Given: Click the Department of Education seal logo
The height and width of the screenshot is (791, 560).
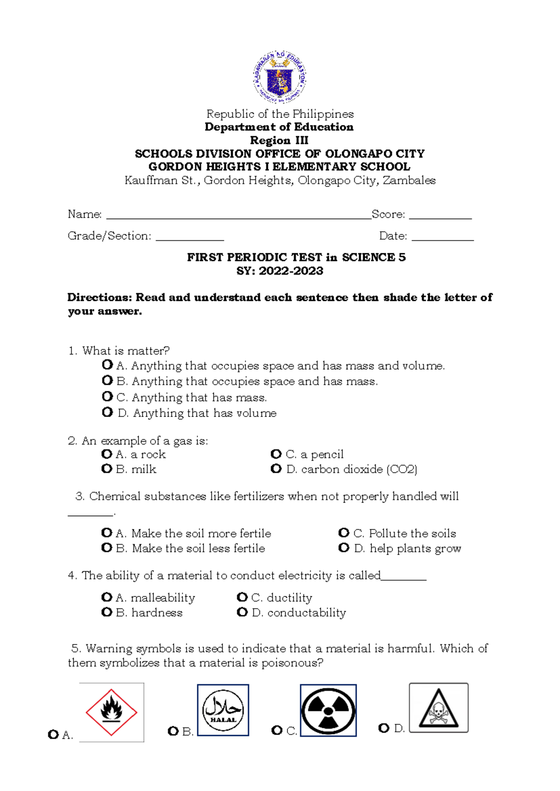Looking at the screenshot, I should (x=280, y=77).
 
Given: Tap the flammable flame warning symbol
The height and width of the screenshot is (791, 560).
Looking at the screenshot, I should (x=112, y=712).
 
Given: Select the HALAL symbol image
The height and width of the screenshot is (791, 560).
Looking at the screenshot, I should (x=223, y=710).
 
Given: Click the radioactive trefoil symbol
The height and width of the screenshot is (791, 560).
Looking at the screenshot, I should (x=328, y=710).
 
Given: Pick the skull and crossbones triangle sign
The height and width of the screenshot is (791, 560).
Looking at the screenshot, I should (x=438, y=708).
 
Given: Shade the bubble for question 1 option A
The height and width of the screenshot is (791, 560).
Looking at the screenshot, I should (x=107, y=364).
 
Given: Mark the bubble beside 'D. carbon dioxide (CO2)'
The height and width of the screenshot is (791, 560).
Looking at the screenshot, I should (x=276, y=468).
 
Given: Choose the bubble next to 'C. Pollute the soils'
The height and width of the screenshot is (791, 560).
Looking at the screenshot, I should (x=344, y=533).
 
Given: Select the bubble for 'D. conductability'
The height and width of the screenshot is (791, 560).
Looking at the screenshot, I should (x=242, y=612).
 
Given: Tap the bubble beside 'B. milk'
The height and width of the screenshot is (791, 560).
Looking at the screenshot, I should (x=107, y=468).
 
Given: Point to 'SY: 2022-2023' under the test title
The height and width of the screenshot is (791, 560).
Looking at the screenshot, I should (x=280, y=271).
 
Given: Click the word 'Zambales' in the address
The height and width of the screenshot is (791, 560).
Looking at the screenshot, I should (x=409, y=180).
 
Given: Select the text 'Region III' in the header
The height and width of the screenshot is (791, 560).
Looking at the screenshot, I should (x=279, y=140).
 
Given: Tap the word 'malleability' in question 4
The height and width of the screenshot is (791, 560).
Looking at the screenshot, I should (x=163, y=598).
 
